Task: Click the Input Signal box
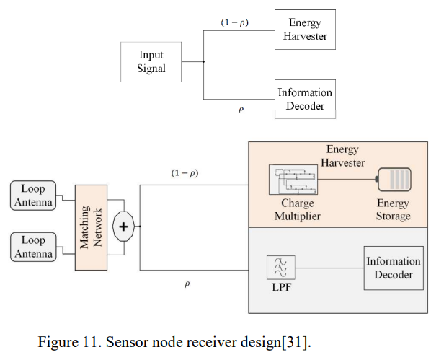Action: (151, 61)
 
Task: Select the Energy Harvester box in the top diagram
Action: (305, 30)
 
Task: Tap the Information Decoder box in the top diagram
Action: (305, 99)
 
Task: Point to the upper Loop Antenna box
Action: (33, 196)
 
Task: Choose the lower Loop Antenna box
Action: (33, 247)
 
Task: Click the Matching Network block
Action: (91, 227)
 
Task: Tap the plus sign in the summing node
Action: (123, 227)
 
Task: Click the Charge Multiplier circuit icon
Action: (293, 180)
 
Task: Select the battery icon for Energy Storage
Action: (394, 180)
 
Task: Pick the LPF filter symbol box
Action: (281, 268)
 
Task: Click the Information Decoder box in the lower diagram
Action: (394, 268)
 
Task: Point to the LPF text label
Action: (282, 287)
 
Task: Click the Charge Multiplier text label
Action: (298, 210)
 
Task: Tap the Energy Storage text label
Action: (393, 210)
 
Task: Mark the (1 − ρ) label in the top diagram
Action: (234, 22)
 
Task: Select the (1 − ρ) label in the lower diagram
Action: (185, 173)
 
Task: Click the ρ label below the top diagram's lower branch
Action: (241, 110)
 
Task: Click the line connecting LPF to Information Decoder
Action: (329, 268)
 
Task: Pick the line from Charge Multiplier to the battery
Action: (347, 180)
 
